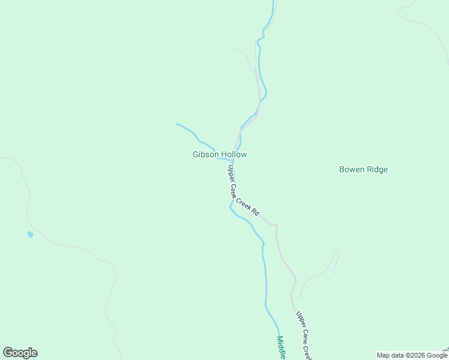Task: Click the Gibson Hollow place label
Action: [x=220, y=155]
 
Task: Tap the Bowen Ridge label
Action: [x=363, y=170]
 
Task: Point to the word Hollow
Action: [x=234, y=155]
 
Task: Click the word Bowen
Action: [x=351, y=170]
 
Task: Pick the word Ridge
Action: [x=377, y=170]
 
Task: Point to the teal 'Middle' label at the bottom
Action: [x=281, y=347]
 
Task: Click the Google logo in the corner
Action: [x=20, y=353]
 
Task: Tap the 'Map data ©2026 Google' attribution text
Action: [x=412, y=355]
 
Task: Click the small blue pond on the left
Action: [x=30, y=234]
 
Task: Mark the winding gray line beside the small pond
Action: [x=28, y=204]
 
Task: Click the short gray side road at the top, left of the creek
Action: [x=246, y=57]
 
